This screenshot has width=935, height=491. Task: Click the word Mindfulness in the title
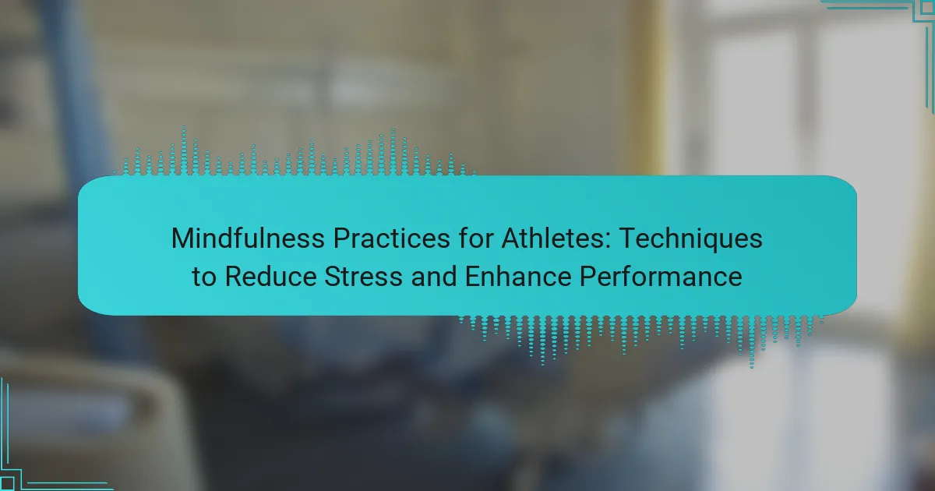point(248,238)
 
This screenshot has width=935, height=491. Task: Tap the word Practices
point(391,238)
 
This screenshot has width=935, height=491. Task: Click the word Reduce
point(271,277)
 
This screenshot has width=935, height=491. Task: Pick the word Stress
point(364,277)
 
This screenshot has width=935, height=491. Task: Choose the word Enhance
point(518,277)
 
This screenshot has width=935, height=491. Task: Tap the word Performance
point(661,277)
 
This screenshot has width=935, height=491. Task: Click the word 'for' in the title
point(475,238)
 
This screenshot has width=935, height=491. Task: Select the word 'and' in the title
point(434,277)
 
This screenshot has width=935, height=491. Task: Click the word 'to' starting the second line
point(204,277)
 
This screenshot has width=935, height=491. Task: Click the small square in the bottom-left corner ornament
point(7,484)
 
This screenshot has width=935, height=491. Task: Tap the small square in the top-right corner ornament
point(928,7)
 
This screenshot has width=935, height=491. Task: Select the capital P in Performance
point(588,277)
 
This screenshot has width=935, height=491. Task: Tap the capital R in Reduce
point(235,277)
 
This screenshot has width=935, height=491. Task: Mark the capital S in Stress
point(333,277)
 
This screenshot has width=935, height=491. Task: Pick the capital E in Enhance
point(473,277)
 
